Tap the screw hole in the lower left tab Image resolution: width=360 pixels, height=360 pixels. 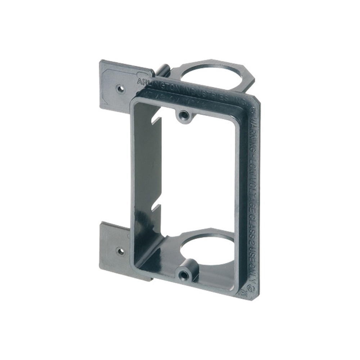121,251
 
